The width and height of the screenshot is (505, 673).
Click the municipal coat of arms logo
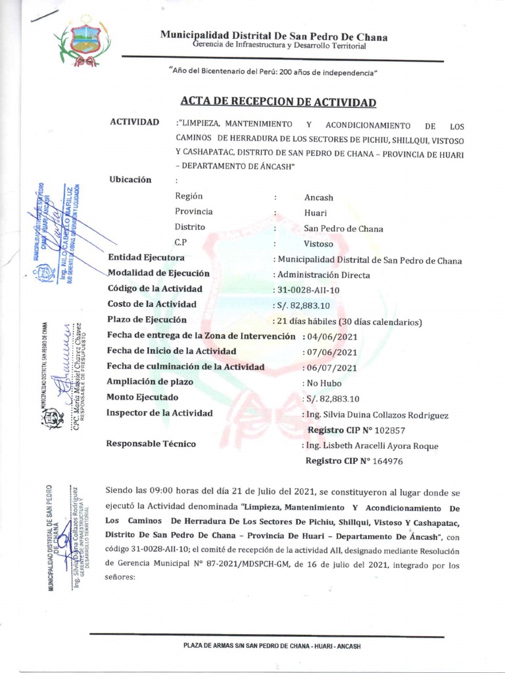82,43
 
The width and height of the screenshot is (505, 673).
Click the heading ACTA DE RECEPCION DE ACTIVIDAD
278,103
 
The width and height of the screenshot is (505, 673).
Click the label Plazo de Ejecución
144,320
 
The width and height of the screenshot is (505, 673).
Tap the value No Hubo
324,383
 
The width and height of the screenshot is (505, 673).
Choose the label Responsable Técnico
151,444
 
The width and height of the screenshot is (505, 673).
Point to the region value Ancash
319,197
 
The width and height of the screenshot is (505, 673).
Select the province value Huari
316,213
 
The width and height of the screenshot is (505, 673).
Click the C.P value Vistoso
319,243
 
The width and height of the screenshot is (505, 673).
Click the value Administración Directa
324,275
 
